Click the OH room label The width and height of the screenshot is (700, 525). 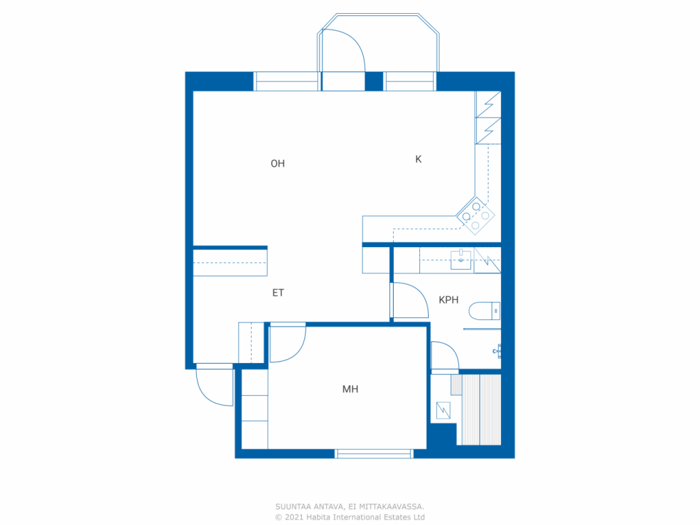click(277, 164)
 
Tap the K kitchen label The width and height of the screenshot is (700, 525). click(418, 159)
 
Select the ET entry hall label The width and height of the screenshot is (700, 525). click(278, 293)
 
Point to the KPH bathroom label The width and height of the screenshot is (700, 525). click(448, 300)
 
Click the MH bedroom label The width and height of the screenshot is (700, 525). click(350, 389)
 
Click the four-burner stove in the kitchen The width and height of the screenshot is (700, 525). click(475, 216)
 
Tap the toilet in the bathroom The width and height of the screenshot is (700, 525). click(484, 311)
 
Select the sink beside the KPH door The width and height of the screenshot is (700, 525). click(460, 260)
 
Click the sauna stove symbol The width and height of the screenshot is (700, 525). click(443, 410)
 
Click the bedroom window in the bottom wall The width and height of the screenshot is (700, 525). click(374, 453)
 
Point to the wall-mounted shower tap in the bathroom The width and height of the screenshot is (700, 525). click(497, 351)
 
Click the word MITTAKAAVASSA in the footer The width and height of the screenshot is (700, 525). click(392, 506)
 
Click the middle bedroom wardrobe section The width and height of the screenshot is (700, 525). click(254, 408)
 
